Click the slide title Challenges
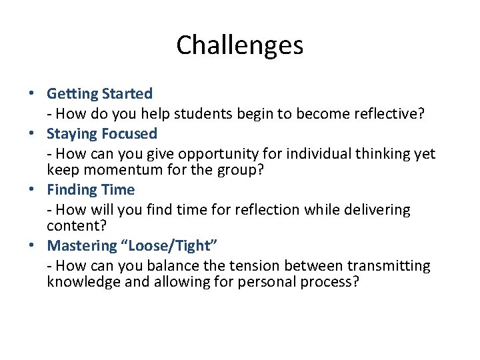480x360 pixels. click(x=239, y=45)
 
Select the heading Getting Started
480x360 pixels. click(x=99, y=94)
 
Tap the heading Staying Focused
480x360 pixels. click(x=102, y=134)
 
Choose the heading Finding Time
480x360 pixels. click(x=91, y=190)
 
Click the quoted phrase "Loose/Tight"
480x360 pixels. click(x=166, y=246)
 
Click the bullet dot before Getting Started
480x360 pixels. click(x=33, y=94)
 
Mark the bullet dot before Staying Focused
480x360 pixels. click(x=33, y=134)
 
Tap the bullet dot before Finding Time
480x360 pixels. click(x=33, y=190)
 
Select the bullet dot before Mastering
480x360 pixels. click(x=33, y=246)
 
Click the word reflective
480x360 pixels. click(x=387, y=114)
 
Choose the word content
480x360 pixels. click(x=71, y=226)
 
